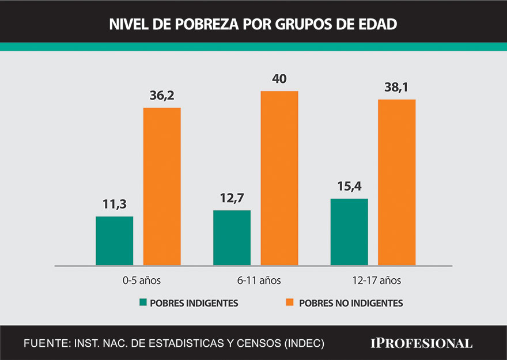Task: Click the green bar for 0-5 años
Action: [x=115, y=241]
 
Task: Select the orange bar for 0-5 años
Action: [x=162, y=186]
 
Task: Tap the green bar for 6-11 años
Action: [x=232, y=237]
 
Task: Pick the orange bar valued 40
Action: [x=279, y=178]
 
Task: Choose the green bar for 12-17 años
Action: [x=349, y=232]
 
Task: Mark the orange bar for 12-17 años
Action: [x=396, y=182]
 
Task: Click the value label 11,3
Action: [x=114, y=205]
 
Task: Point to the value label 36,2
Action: [x=162, y=96]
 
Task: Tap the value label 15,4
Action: [x=349, y=188]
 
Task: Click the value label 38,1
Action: [x=396, y=88]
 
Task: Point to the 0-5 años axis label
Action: [x=138, y=281]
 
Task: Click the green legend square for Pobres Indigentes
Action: [x=143, y=303]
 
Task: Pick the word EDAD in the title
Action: [x=377, y=25]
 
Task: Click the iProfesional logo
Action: [x=421, y=343]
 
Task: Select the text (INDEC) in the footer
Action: [x=304, y=343]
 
